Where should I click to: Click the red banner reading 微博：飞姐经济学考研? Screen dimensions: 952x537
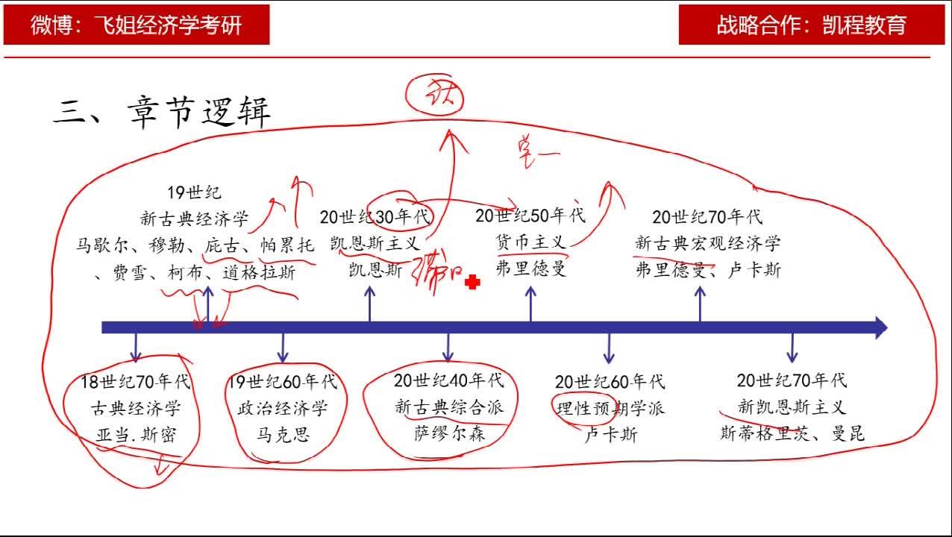point(137,25)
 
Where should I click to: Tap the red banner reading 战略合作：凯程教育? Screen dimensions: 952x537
point(811,25)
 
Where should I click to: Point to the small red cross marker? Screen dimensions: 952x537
point(472,282)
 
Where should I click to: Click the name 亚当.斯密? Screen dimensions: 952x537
point(136,436)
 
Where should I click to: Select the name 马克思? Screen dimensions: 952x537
point(282,434)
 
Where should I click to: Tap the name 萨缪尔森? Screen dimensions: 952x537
point(449,433)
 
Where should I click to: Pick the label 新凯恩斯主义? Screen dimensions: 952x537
point(792,408)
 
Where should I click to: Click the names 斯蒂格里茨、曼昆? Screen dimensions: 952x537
point(792,434)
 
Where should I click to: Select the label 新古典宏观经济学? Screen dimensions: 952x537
point(708,243)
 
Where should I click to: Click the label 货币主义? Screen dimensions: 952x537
point(530,242)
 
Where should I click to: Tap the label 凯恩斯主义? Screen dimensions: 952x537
point(375,243)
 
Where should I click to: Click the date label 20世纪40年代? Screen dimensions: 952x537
point(449,380)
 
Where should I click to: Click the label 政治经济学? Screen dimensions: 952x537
point(282,409)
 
